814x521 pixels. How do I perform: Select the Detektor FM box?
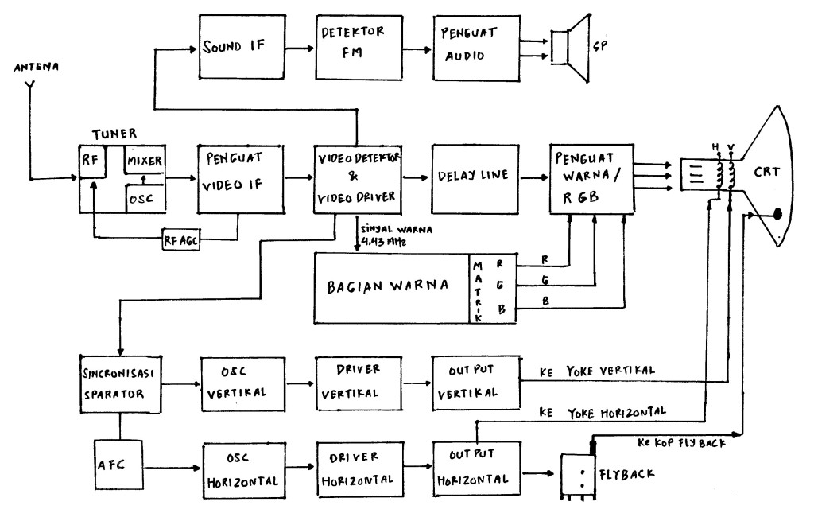coord(355,47)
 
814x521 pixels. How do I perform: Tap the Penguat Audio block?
coord(474,47)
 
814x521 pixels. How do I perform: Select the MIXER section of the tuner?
coord(144,161)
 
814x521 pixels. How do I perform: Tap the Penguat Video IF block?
coord(241,179)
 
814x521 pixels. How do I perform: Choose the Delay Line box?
coord(474,179)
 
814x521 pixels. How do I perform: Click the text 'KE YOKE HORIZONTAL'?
coord(602,412)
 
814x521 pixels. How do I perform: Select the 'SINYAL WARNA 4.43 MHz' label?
coord(394,235)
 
